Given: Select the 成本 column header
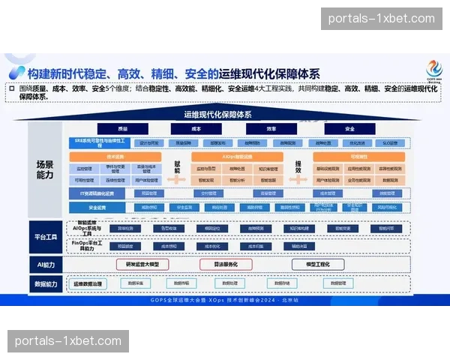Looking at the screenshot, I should click(x=196, y=129).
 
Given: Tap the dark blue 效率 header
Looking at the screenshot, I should click(x=271, y=129).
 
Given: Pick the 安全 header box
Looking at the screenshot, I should click(x=349, y=129).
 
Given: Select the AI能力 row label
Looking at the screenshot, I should click(x=45, y=265).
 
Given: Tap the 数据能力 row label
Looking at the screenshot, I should click(x=45, y=283).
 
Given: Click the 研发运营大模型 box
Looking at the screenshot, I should click(x=142, y=265).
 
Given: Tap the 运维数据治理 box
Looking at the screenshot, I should click(x=88, y=283).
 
